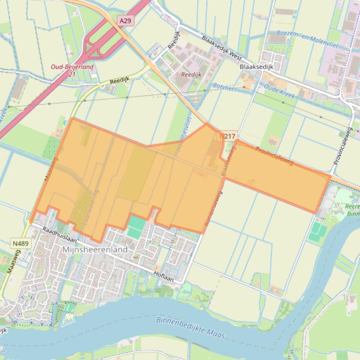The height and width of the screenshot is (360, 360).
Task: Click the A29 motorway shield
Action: [x=125, y=21]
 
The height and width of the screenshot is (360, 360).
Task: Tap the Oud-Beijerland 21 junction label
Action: [x=72, y=70]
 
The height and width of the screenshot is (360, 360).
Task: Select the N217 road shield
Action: [x=228, y=136]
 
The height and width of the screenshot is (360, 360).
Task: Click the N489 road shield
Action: [x=20, y=243]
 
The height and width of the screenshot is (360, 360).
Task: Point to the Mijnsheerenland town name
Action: [x=95, y=250]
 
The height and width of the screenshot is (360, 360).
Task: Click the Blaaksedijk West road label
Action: [x=221, y=48]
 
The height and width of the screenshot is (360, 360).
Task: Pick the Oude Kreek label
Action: [x=279, y=91]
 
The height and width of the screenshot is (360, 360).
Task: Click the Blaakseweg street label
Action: [x=228, y=160]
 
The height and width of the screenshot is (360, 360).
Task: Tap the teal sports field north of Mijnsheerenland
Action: [x=136, y=227]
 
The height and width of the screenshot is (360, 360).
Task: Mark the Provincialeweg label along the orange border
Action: [x=274, y=155]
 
